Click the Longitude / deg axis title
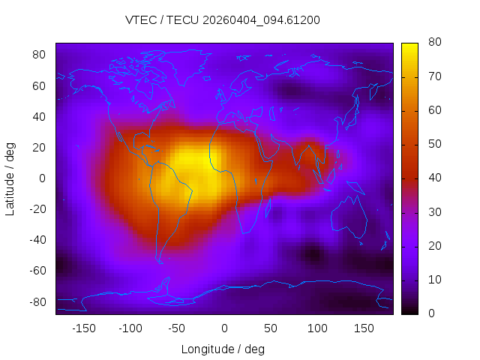(223, 349)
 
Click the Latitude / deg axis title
(10, 178)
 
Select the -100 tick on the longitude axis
(130, 328)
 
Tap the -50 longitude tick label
(177, 328)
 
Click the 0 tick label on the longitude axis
(224, 328)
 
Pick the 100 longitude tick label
(317, 328)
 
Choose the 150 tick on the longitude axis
(364, 328)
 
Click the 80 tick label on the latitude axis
(40, 55)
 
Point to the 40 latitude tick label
(40, 116)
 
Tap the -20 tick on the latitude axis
(37, 208)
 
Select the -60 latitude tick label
(37, 270)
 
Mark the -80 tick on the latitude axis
(37, 301)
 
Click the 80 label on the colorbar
(433, 43)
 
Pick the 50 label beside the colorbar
(433, 144)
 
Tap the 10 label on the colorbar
(433, 279)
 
